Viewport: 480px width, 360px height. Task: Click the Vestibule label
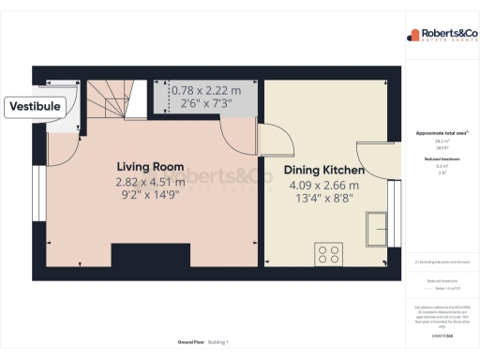(36, 107)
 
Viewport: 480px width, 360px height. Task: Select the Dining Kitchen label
(324, 171)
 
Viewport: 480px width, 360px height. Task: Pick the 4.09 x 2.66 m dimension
(324, 186)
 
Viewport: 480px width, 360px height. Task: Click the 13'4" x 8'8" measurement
(324, 200)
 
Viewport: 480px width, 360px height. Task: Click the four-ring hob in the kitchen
(330, 253)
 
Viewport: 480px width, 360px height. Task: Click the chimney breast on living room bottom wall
(150, 252)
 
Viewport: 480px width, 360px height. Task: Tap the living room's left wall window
(38, 197)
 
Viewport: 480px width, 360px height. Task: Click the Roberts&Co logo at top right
(441, 36)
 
